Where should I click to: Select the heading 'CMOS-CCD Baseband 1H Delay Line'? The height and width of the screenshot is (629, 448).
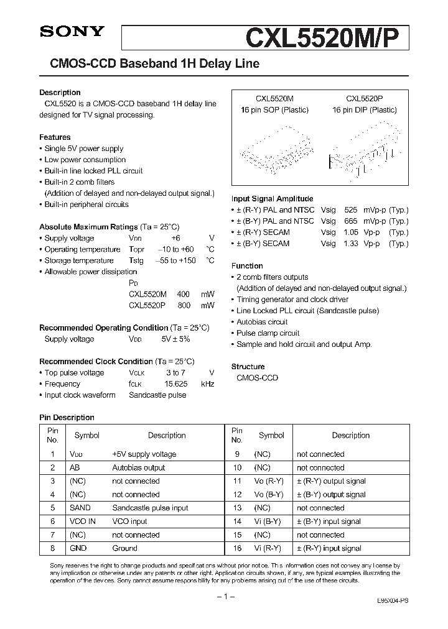tap(149, 64)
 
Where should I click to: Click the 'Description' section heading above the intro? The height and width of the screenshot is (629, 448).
tap(60, 93)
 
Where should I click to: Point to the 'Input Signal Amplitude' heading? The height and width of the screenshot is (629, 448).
tap(270, 199)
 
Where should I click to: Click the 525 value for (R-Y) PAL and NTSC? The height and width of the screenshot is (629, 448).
tap(350, 210)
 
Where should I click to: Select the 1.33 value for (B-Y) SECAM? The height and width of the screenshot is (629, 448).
tap(350, 244)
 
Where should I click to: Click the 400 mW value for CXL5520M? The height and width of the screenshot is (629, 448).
tap(183, 294)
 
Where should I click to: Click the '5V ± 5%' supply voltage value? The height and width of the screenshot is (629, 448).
tap(175, 339)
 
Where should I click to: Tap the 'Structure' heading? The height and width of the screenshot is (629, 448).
tap(248, 367)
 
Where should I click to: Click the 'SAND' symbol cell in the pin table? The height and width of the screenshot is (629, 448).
tap(80, 508)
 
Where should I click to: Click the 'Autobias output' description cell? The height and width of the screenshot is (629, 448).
tap(138, 467)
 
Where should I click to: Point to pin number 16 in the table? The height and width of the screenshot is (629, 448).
tap(236, 548)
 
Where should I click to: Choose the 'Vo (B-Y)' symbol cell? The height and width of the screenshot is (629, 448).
tap(268, 495)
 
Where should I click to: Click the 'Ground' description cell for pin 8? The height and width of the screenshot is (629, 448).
tap(124, 548)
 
